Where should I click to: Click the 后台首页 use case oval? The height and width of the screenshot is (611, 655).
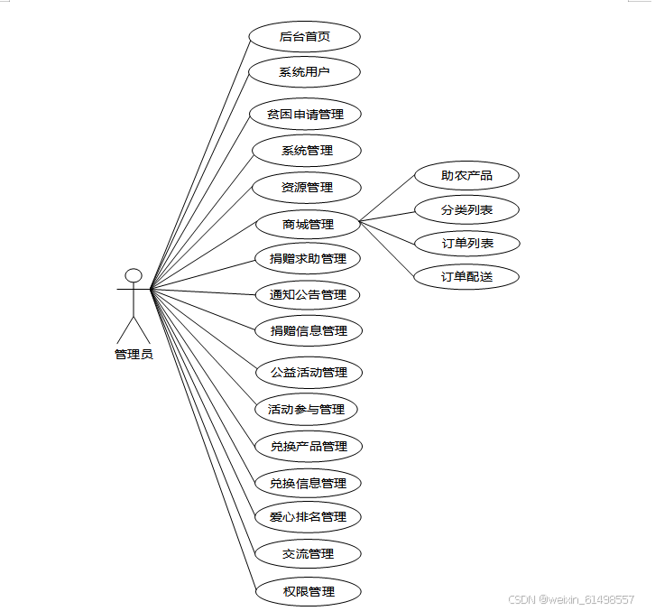point(305,36)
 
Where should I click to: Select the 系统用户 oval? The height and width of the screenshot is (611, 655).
point(305,72)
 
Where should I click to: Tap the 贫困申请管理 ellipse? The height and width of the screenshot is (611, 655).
point(306,115)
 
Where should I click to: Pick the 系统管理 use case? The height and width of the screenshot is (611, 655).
point(307,151)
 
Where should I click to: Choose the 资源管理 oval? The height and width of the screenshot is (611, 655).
point(307,188)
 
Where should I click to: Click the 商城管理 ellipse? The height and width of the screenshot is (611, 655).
point(308,224)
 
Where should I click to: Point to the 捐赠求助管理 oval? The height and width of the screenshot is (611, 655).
point(308,259)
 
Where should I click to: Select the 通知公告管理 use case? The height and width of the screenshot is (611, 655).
point(308,294)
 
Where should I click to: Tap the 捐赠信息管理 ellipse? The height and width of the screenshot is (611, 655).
point(309,330)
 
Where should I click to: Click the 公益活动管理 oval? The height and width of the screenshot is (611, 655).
point(309,372)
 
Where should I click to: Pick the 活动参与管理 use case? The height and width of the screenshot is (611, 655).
point(307,409)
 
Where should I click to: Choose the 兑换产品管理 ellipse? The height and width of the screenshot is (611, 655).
point(309,446)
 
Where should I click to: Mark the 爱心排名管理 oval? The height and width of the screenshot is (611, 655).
point(308,517)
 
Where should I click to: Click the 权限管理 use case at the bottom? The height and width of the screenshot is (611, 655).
point(309,591)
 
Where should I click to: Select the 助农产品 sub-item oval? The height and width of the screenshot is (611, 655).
point(466,176)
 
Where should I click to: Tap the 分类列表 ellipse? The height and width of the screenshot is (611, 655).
point(466,210)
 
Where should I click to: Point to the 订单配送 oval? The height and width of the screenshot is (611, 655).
point(466,277)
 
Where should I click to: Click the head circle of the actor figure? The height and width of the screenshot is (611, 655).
point(134,275)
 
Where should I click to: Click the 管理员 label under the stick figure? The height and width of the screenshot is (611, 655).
point(134,355)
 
